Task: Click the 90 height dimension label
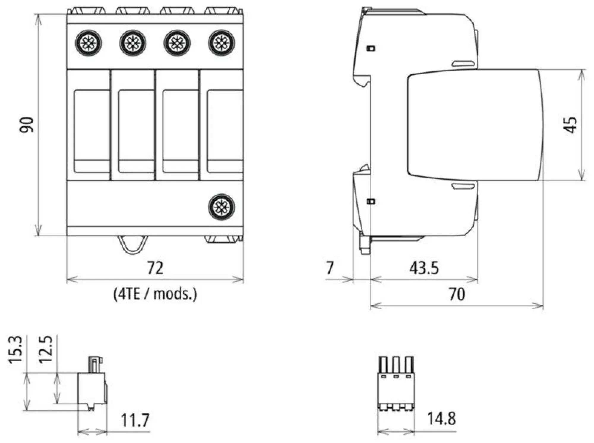[26, 125]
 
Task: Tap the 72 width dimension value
[155, 268]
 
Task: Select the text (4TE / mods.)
[155, 294]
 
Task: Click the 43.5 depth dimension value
[424, 268]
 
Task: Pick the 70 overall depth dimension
[456, 294]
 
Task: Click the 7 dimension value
[330, 268]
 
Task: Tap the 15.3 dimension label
[15, 350]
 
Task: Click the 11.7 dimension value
[135, 420]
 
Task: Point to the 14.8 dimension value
[441, 419]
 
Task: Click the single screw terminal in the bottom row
[222, 207]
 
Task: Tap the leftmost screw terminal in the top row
[88, 43]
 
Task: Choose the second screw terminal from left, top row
[133, 43]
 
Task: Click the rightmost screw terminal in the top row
[222, 43]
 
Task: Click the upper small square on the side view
[371, 48]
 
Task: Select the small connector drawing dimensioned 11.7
[92, 384]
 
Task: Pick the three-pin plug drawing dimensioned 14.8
[396, 384]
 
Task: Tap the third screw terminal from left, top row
[177, 43]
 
